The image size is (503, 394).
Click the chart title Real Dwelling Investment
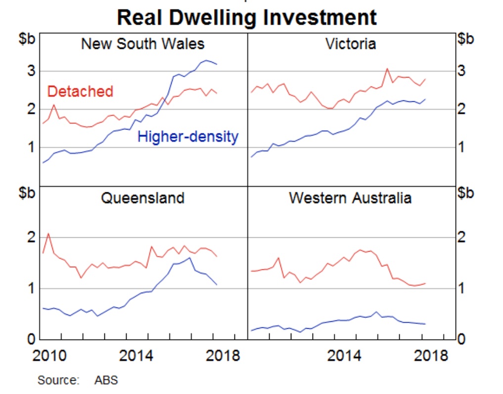pos(247,17)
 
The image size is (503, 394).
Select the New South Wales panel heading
pos(143,44)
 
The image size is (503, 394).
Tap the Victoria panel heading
pos(351,44)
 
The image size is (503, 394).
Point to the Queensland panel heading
pos(143,198)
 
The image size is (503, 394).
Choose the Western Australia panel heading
pos(350,198)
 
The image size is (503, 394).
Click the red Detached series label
pos(80,91)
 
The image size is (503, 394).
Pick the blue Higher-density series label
pos(188,137)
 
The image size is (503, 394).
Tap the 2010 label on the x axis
pos(49,355)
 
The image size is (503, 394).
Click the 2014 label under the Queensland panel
pos(136,355)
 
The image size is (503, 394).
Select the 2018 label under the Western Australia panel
pos(431,355)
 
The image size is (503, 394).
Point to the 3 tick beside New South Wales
pos(31,71)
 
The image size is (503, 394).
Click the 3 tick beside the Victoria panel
pos(461,71)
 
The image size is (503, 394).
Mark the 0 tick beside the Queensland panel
pos(31,339)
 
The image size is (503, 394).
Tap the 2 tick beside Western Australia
pos(461,237)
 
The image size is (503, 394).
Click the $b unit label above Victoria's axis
pos(465,39)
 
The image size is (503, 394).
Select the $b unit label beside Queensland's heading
pos(27,193)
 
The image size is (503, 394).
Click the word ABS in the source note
pos(106,380)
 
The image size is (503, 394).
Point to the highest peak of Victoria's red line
pos(387,69)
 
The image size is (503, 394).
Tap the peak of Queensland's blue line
pos(189,258)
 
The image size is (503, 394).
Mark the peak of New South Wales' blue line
pos(206,60)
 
